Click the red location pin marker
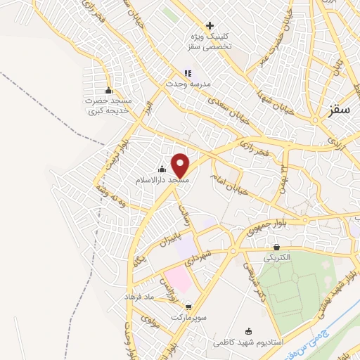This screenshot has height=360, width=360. pyautogui.click(x=181, y=165)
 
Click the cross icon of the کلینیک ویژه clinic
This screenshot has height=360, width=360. pyautogui.click(x=210, y=25)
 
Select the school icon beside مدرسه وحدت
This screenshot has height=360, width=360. pyautogui.click(x=188, y=72)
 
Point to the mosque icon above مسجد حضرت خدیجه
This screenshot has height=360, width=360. pyautogui.click(x=108, y=90)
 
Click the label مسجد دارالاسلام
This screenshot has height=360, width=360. pyautogui.click(x=163, y=181)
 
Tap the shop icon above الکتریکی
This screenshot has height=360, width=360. pyautogui.click(x=277, y=247)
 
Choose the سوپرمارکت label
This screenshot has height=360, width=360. pyautogui.click(x=188, y=319)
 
